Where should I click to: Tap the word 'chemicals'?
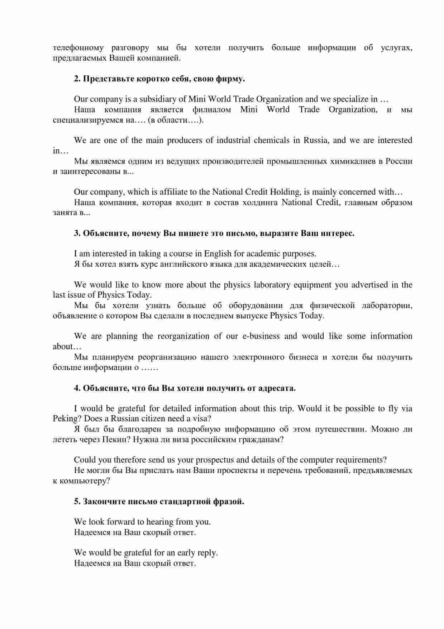pyautogui.click(x=272, y=140)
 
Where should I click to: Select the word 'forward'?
pyautogui.click(x=118, y=522)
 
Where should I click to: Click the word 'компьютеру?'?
pyautogui.click(x=81, y=481)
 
